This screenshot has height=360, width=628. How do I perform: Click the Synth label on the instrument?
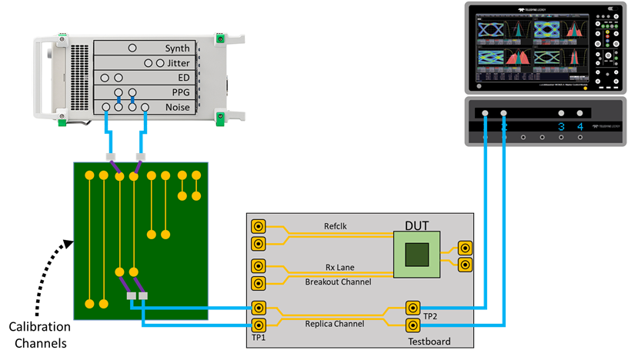[176, 48]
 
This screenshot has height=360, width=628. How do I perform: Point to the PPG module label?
[178, 92]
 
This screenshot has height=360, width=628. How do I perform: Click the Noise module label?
[177, 108]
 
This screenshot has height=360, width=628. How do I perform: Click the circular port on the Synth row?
[132, 48]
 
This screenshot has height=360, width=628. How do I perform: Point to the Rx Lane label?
[339, 267]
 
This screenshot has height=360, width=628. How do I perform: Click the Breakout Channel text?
[339, 282]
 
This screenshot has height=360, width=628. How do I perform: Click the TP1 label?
[259, 338]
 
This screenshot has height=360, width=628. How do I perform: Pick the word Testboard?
[429, 339]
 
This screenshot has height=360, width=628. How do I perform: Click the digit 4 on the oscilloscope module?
[580, 127]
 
